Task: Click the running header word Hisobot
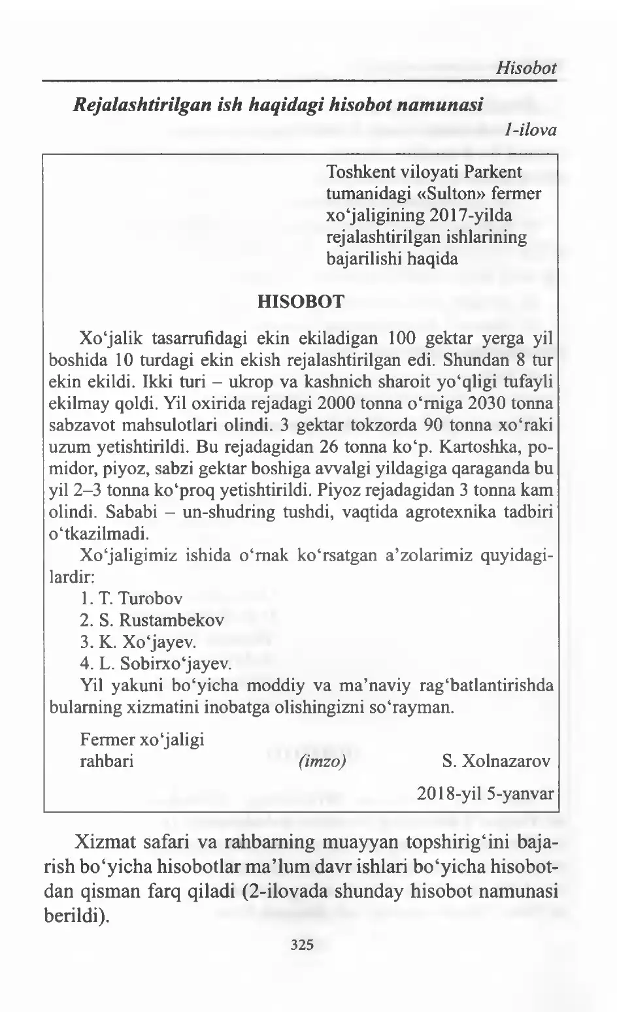[526, 67]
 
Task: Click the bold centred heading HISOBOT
[301, 301]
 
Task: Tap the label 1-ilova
[530, 130]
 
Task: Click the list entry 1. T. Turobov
[131, 598]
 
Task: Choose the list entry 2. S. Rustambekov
[152, 620]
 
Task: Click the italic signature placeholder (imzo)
[322, 762]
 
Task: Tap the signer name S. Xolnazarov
[496, 762]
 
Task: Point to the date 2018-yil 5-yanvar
[486, 794]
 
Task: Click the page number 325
[302, 943]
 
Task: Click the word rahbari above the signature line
[107, 762]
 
